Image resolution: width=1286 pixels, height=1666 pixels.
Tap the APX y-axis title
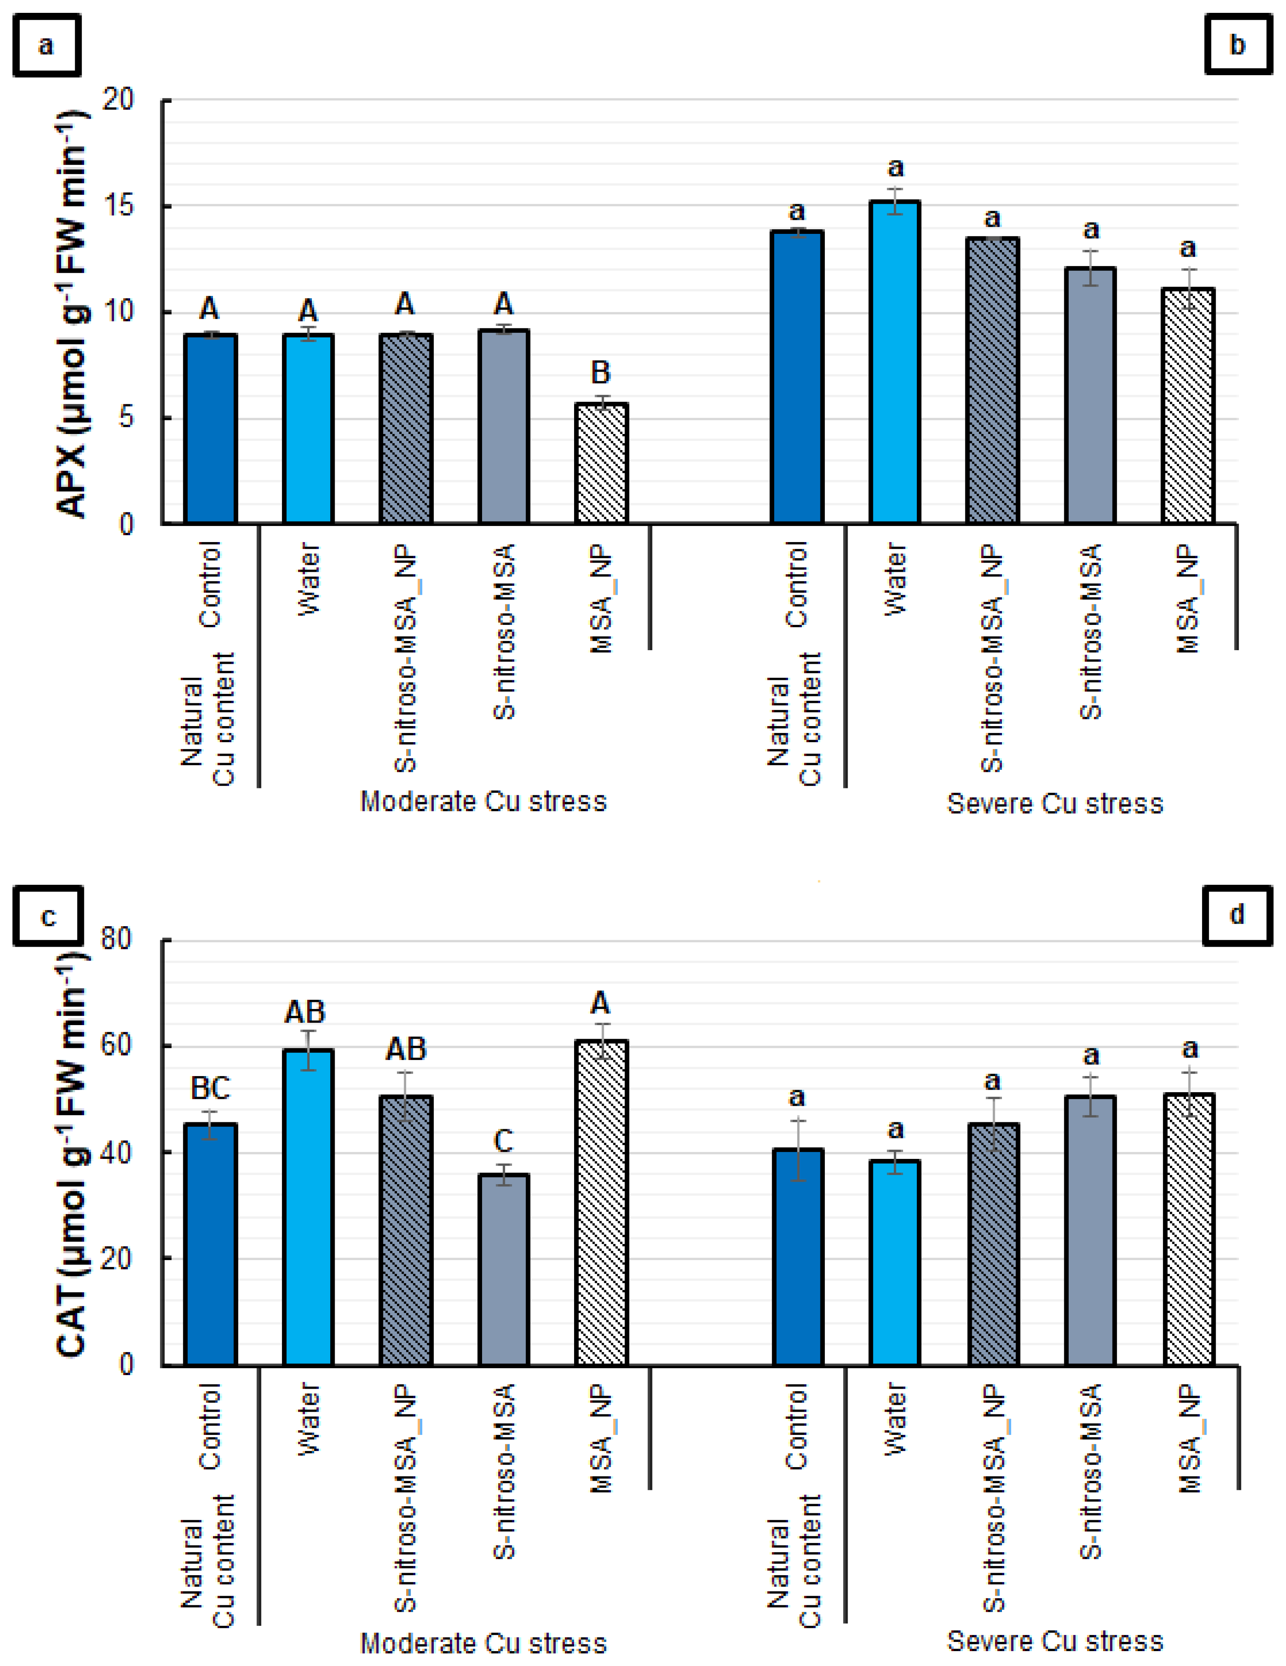click(72, 313)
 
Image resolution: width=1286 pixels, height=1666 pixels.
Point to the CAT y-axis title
click(72, 1152)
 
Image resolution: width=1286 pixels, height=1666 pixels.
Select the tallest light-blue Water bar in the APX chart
click(895, 362)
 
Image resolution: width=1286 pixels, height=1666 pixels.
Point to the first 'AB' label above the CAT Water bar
click(305, 1012)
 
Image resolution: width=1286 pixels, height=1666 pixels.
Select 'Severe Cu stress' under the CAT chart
click(1055, 1641)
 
